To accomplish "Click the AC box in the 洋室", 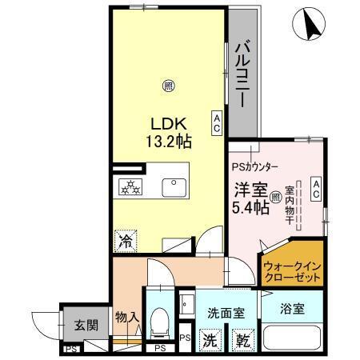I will point(315,188).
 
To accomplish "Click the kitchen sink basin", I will point(174,187).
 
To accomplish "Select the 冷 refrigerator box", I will point(126,238).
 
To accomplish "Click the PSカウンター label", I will point(255,167).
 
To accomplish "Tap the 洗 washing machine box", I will point(209,338).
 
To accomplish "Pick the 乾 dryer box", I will point(241,338).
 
